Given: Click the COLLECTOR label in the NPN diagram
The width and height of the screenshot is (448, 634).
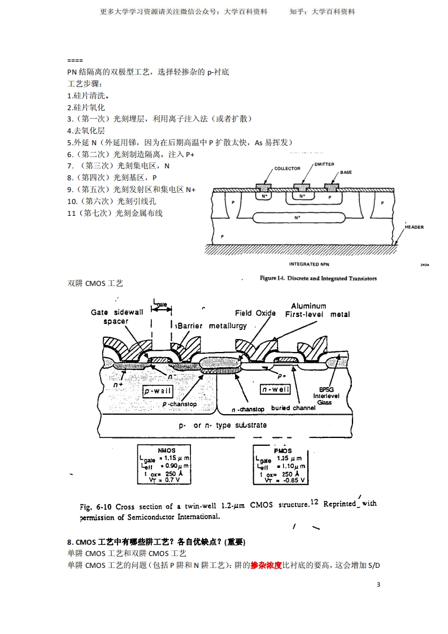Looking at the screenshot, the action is click(287, 168).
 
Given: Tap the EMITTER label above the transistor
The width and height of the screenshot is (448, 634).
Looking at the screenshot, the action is click(324, 164).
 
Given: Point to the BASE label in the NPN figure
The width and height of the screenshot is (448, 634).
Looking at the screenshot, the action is click(346, 172).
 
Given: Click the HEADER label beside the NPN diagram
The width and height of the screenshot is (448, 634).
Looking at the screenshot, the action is click(414, 227).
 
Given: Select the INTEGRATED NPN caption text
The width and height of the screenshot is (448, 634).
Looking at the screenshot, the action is click(309, 264).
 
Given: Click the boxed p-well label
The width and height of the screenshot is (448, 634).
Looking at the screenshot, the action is click(158, 391).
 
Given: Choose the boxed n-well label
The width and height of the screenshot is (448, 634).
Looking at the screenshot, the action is click(275, 389).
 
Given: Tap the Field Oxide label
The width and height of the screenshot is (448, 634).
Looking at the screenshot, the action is click(255, 313).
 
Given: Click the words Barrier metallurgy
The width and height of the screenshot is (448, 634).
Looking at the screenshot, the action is click(212, 326).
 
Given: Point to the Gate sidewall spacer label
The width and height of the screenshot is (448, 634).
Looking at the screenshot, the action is click(117, 316).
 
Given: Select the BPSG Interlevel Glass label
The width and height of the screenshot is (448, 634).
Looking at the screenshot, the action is click(326, 396).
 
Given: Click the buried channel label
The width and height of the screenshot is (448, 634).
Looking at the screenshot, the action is click(293, 408).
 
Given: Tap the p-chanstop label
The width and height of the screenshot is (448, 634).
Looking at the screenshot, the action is click(180, 404).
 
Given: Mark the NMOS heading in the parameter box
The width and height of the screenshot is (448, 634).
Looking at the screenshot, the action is click(167, 450).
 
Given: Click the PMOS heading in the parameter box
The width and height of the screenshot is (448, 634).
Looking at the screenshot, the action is click(282, 451).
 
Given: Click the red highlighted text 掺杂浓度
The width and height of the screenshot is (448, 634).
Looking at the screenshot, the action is click(266, 565).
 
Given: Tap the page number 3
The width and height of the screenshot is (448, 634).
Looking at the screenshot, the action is click(378, 584).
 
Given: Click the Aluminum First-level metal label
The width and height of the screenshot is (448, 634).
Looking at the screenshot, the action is click(317, 310).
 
